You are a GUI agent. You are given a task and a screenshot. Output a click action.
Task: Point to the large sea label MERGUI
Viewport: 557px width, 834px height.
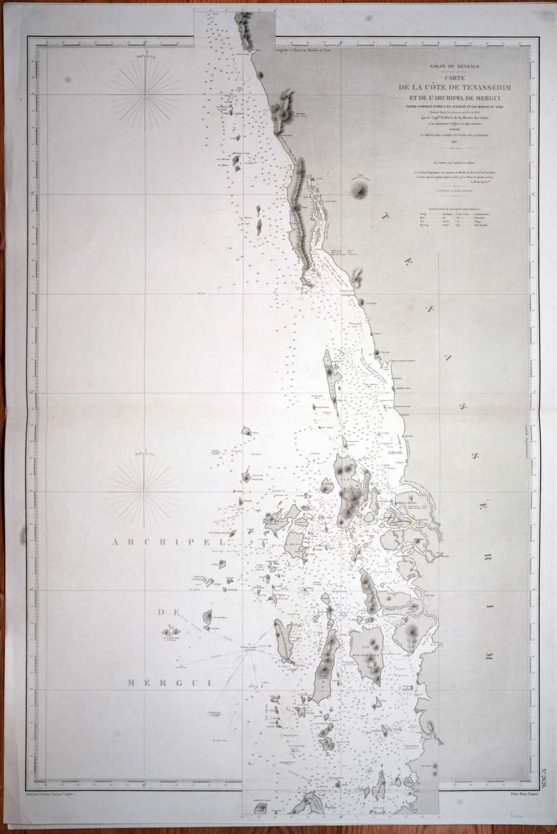[170, 682]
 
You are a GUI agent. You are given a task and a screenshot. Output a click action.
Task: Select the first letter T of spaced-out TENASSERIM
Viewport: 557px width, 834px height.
[386, 217]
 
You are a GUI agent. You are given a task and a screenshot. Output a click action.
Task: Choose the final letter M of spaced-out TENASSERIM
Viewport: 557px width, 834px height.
[487, 655]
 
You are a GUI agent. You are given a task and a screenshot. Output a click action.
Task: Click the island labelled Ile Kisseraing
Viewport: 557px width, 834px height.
[366, 653]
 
